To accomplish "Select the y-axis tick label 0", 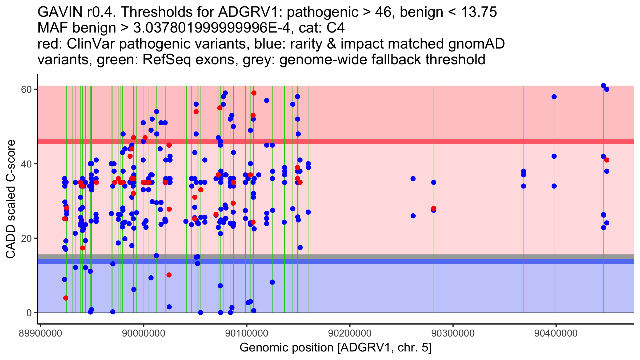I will [x=29, y=313].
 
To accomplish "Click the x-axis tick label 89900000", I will [x=41, y=333].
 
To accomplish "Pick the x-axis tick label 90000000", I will [x=143, y=333].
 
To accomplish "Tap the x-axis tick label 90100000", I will [x=247, y=333].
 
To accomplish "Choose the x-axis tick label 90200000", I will [x=350, y=333].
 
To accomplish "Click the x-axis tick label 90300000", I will [x=453, y=333].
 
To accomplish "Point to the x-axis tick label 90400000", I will [x=556, y=333].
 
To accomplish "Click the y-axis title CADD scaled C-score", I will [x=11, y=199].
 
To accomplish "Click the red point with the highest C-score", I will [x=254, y=93].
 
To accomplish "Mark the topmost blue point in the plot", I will [x=603, y=86].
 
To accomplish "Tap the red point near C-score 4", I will [x=66, y=298].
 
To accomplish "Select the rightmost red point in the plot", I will [x=607, y=160].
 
